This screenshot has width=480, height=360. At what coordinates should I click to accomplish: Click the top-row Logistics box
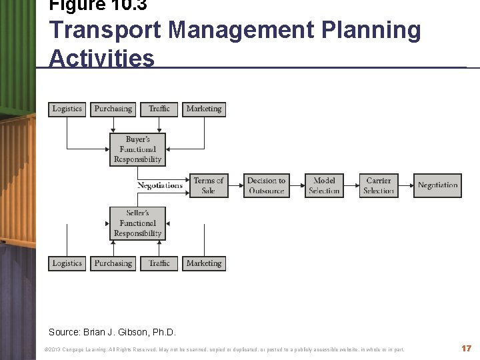click(67, 109)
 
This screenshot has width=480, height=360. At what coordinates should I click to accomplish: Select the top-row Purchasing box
click(113, 109)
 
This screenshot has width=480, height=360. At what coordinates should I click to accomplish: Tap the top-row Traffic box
click(159, 109)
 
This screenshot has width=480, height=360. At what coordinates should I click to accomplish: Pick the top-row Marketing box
click(204, 109)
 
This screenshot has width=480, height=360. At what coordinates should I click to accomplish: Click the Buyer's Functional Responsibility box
click(137, 149)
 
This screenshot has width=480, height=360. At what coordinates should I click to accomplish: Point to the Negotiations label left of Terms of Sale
click(160, 185)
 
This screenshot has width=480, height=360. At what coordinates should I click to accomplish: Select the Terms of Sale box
click(209, 185)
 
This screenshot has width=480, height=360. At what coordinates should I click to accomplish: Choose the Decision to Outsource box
click(267, 185)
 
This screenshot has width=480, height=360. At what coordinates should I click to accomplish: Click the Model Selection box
click(324, 185)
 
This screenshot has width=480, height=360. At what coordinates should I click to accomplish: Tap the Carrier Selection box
click(379, 185)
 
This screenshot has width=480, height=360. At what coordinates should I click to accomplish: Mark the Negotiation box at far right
click(437, 185)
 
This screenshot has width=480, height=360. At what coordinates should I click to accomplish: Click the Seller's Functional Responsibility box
click(137, 223)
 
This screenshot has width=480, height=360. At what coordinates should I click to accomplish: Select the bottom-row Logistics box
click(67, 263)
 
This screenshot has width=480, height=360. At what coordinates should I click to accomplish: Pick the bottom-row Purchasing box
click(113, 263)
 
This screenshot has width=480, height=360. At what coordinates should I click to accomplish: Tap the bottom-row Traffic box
click(159, 263)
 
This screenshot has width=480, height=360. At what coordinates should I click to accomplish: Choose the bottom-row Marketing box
click(204, 263)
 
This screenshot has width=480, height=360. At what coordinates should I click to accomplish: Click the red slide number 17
click(466, 349)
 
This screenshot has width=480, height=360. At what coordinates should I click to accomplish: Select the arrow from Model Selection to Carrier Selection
click(351, 185)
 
